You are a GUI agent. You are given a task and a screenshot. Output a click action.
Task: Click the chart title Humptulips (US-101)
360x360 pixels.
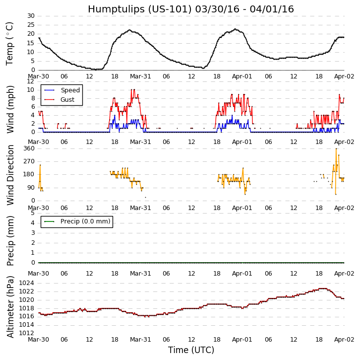tap(191, 9)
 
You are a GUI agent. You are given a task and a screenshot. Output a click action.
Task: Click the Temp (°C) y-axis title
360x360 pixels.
tap(10, 43)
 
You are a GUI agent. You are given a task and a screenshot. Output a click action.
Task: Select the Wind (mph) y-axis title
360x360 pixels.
tap(10, 109)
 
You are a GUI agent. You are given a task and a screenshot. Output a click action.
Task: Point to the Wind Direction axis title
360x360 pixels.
tap(10, 175)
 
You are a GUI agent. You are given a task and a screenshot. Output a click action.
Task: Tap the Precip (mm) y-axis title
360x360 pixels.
tap(10, 240)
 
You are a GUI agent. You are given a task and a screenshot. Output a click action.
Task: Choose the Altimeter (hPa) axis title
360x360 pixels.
tap(10, 306)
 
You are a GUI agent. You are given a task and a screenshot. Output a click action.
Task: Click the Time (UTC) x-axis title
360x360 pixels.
tap(191, 350)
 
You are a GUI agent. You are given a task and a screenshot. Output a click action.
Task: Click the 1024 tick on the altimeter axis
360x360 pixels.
tap(27, 284)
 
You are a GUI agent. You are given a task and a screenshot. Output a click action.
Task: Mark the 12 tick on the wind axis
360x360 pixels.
tap(31, 81)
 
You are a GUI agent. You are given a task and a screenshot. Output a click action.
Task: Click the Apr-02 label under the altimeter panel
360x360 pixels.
tap(344, 339)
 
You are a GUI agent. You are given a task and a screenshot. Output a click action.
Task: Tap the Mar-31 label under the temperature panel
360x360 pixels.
tap(140, 76)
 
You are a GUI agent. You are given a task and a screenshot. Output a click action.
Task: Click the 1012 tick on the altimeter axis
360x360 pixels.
tap(27, 333)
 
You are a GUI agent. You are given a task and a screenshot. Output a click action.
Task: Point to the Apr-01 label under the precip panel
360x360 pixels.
tap(242, 274)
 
